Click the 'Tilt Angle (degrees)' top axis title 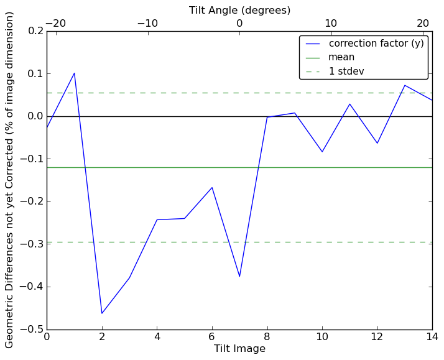pyautogui.click(x=239, y=10)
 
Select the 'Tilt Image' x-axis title pyautogui.click(x=239, y=349)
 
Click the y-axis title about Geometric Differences pyautogui.click(x=10, y=180)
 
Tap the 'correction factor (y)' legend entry pyautogui.click(x=376, y=44)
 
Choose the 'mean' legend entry pyautogui.click(x=341, y=57)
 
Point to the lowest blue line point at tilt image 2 pyautogui.click(x=102, y=313)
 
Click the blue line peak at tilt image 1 pyautogui.click(x=74, y=73)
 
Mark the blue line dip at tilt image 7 pyautogui.click(x=239, y=277)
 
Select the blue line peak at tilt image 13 pyautogui.click(x=405, y=85)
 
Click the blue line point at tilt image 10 pyautogui.click(x=322, y=152)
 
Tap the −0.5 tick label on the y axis pyautogui.click(x=30, y=330)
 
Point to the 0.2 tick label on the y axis pyautogui.click(x=34, y=31)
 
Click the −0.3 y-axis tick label pyautogui.click(x=30, y=244)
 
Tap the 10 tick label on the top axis pyautogui.click(x=331, y=23)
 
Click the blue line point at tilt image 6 pyautogui.click(x=212, y=187)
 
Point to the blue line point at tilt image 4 pyautogui.click(x=157, y=219)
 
